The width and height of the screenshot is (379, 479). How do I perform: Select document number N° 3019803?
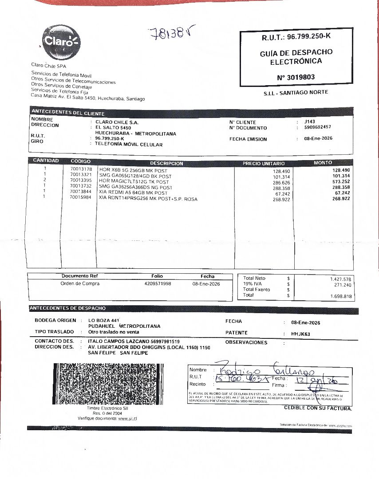pyautogui.click(x=296, y=77)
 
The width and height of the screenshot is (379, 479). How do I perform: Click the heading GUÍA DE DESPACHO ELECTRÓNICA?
pyautogui.click(x=296, y=57)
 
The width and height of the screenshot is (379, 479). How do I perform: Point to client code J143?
pyautogui.click(x=310, y=121)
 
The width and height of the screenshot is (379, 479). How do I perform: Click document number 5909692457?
pyautogui.click(x=318, y=127)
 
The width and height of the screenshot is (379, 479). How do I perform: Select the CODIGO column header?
pyautogui.click(x=80, y=161)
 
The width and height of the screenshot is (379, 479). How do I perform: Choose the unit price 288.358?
pyautogui.click(x=281, y=188)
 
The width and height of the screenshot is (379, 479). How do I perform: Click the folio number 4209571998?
pyautogui.click(x=158, y=283)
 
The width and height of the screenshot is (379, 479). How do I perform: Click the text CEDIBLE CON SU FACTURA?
pyautogui.click(x=318, y=408)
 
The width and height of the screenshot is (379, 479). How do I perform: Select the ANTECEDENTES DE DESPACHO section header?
pyautogui.click(x=68, y=308)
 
